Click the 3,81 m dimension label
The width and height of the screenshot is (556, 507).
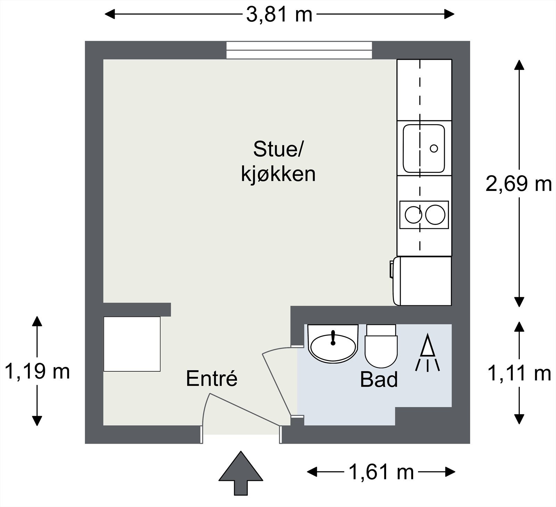tap(279, 15)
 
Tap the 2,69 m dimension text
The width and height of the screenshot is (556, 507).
tap(518, 184)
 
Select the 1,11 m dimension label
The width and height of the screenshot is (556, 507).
tap(519, 373)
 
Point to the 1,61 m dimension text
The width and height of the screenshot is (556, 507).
tap(381, 472)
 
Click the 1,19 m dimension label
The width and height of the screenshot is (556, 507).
tap(38, 371)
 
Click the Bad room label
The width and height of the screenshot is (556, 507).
tap(379, 379)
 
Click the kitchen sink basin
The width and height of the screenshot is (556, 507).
tap(424, 148)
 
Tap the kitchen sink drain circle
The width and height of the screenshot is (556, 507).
tap(434, 148)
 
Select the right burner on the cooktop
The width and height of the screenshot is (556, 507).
tap(435, 215)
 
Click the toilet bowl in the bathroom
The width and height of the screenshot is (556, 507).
tap(381, 351)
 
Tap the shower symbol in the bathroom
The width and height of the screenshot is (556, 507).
tap(427, 352)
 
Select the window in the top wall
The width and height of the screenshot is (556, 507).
tap(299, 50)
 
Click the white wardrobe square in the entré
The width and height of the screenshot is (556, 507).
tap(132, 344)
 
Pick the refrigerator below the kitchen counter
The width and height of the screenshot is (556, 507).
tap(423, 281)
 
